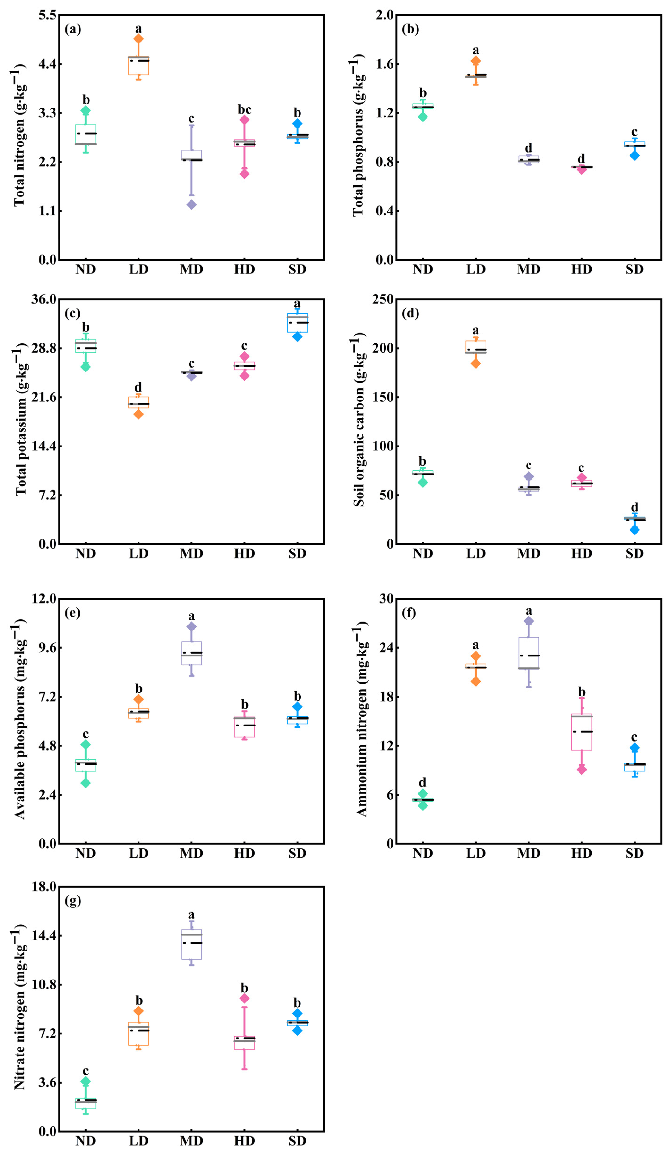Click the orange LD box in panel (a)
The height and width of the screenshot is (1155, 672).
point(139,66)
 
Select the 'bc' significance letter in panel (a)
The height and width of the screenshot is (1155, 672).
point(245,109)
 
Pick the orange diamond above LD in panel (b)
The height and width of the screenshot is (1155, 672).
point(476,61)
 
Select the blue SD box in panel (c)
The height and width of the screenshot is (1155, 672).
point(297,323)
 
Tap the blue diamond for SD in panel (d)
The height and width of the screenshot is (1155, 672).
point(634,530)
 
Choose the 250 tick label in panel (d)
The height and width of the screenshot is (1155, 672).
point(383,299)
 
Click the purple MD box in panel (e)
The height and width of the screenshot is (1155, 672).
point(191,653)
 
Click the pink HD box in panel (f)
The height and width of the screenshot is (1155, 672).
point(582,732)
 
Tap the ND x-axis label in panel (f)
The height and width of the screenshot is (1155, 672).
point(423,853)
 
